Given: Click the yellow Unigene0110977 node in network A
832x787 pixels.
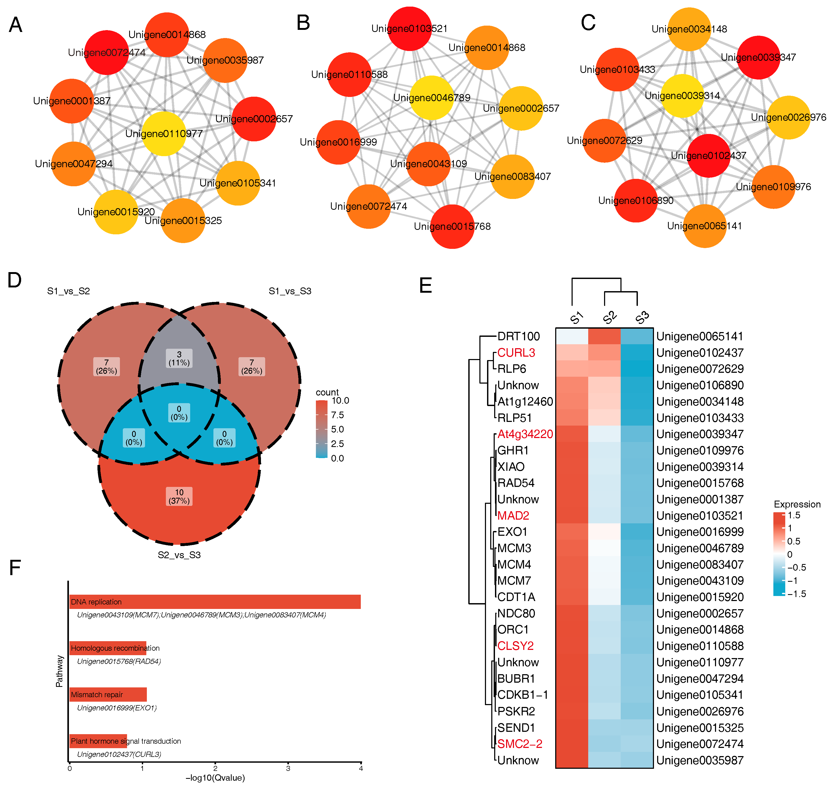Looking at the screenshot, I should click(163, 133).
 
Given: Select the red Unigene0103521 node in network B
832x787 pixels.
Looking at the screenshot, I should click(409, 29).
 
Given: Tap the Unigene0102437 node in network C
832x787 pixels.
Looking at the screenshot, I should click(708, 156).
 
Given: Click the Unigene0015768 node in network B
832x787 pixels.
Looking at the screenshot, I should click(452, 226).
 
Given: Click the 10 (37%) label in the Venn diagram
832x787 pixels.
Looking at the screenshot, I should click(179, 496).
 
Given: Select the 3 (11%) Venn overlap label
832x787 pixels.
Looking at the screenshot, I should click(179, 358).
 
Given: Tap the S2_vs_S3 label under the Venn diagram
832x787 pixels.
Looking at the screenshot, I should click(179, 555).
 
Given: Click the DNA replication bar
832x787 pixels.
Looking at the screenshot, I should click(215, 602).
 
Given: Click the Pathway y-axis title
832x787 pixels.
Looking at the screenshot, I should click(59, 671).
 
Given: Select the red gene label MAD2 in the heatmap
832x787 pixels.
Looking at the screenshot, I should click(513, 516).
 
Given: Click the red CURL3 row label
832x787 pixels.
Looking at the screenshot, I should click(516, 353).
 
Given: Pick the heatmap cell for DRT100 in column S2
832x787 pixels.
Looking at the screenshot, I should click(604, 336).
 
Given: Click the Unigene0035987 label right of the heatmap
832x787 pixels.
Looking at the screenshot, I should click(699, 760).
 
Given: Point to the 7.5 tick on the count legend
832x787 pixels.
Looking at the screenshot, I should click(337, 415).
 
